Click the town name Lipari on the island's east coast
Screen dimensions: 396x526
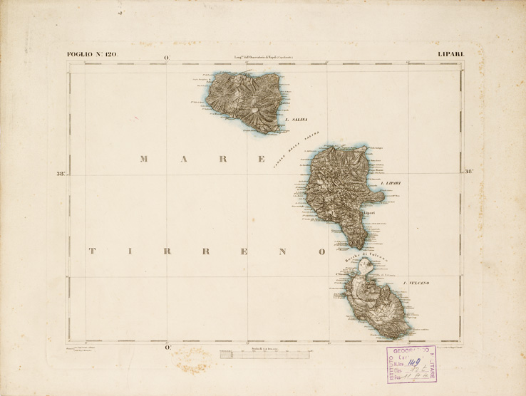(369, 212)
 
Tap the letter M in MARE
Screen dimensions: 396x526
(143, 159)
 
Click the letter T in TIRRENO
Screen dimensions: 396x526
(91, 251)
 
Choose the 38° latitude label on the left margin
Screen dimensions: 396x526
(61, 172)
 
